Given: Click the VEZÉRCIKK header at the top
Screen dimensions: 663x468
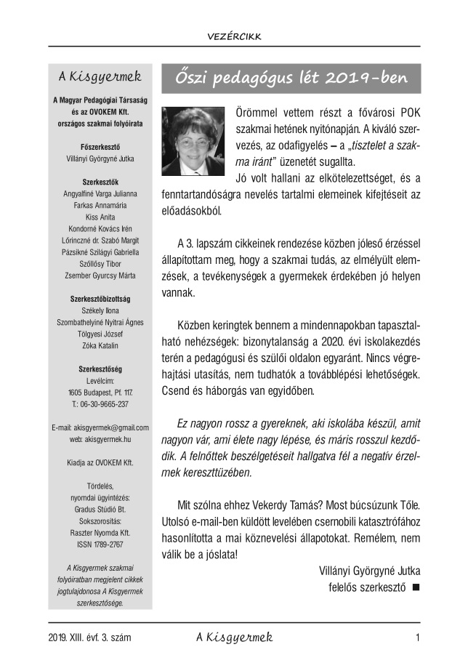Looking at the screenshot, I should (x=234, y=36).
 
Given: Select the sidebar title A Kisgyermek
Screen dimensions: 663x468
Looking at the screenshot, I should (x=100, y=76).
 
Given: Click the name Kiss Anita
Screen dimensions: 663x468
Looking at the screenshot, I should (x=99, y=217).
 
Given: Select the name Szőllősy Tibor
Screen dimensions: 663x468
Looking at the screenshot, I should (x=99, y=264).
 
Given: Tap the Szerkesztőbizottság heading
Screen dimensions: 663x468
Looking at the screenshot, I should (x=99, y=299).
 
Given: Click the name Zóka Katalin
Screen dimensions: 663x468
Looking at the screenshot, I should (x=99, y=345).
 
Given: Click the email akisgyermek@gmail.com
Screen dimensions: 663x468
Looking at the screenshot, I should (x=100, y=427).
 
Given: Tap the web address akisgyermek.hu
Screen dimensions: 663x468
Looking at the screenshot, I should (x=99, y=439).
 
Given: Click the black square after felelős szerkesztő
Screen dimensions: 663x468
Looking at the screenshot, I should (x=416, y=587).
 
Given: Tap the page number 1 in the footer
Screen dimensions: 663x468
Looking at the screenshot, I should (x=418, y=638).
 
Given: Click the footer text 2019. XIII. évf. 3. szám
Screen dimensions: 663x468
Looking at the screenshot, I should (x=89, y=638).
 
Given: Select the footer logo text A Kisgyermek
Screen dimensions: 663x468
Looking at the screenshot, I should (x=234, y=638).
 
